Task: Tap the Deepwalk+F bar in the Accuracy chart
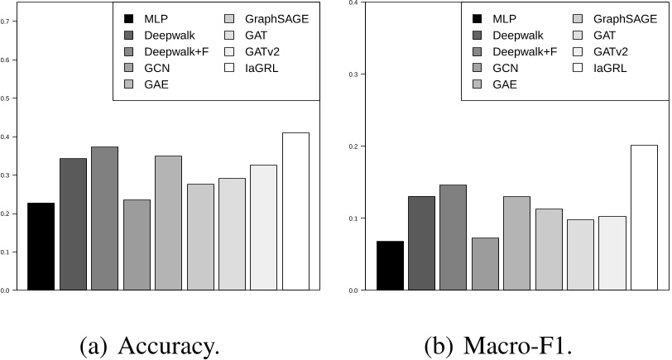(105, 218)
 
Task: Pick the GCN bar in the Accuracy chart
(137, 245)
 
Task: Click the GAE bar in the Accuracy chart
(168, 223)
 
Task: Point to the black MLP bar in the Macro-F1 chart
(391, 266)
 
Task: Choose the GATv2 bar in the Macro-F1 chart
(612, 253)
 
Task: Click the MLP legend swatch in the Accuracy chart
(129, 18)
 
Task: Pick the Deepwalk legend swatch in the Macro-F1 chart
(478, 35)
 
